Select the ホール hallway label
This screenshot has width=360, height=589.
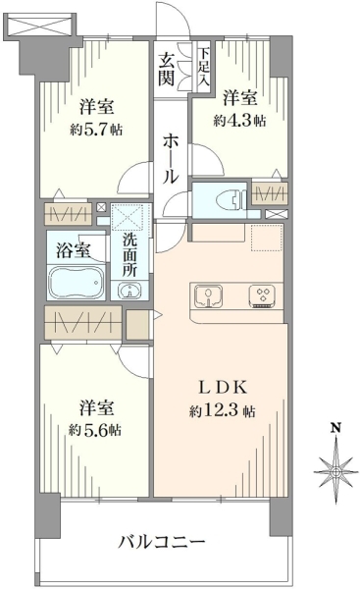click(x=171, y=160)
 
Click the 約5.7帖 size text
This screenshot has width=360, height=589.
click(x=96, y=130)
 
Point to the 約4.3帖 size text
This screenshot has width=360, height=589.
click(x=240, y=121)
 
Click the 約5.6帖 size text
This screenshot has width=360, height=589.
click(x=95, y=429)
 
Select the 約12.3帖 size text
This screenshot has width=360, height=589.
click(x=223, y=411)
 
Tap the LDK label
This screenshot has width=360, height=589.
click(x=223, y=388)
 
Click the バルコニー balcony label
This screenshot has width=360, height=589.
click(x=162, y=542)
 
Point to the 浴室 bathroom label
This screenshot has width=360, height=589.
click(x=74, y=250)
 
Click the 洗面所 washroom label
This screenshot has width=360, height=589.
click(x=129, y=255)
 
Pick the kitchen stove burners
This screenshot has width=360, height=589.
click(x=262, y=296)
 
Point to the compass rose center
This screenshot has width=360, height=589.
click(x=336, y=472)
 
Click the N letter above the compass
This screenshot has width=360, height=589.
click(x=335, y=427)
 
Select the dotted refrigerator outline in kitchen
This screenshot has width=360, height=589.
click(x=266, y=238)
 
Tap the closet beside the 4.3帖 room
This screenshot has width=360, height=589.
click(x=269, y=193)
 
